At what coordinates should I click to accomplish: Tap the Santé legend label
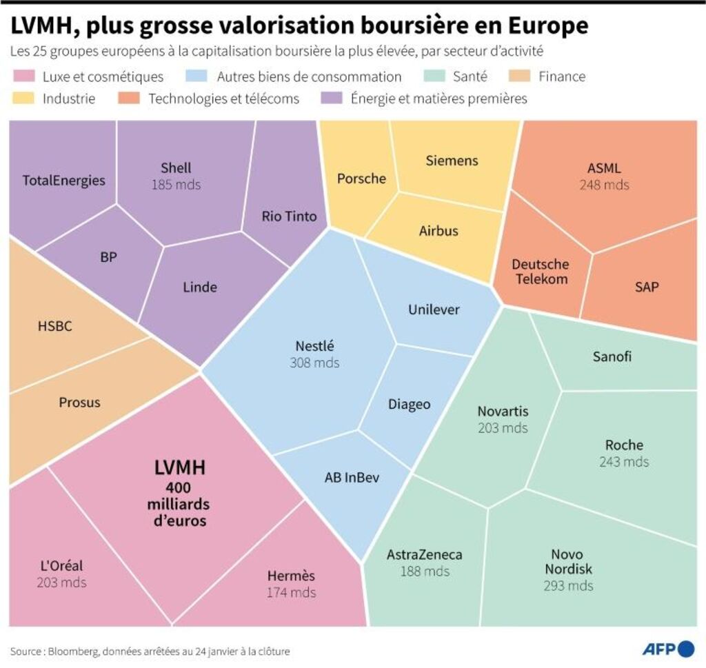(470, 77)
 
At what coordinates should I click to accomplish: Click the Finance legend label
(562, 77)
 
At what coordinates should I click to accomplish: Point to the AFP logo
(668, 649)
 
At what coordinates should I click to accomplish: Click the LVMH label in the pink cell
(179, 467)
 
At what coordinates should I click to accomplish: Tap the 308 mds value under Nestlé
(314, 363)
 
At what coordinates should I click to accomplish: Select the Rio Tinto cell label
(289, 216)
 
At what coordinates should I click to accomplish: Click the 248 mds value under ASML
(604, 185)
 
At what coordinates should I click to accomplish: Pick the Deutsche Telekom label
(540, 272)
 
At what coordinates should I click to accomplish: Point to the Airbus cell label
(438, 231)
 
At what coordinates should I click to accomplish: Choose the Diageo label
(409, 404)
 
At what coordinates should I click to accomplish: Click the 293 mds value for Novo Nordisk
(568, 586)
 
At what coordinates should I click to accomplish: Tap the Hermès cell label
(291, 576)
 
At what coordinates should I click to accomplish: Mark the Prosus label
(79, 402)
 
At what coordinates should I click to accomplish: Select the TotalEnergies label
(63, 181)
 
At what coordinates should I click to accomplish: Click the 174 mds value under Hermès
(291, 592)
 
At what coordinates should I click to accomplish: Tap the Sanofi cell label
(612, 356)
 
